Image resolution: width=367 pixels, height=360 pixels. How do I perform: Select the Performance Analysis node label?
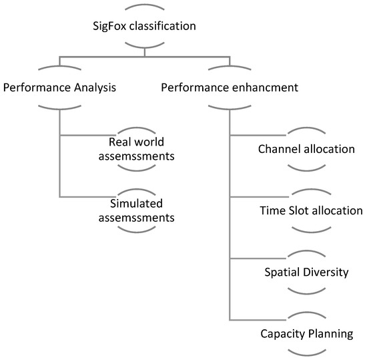pos(60,87)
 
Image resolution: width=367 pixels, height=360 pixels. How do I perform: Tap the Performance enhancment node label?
pos(230,87)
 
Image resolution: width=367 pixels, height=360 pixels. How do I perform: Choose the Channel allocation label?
pos(306,148)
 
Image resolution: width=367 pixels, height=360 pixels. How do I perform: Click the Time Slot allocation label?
pos(311,210)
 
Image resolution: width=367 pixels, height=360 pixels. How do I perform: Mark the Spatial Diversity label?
pos(306,272)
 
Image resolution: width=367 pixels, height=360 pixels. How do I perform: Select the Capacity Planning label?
pos(306,333)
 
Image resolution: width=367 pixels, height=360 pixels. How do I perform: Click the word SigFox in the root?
pos(108,27)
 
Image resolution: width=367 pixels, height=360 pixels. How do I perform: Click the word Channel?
pos(278,148)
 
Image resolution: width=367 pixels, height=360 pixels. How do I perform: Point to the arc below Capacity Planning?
pos(306,351)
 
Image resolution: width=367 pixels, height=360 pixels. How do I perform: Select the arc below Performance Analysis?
pos(60,106)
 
